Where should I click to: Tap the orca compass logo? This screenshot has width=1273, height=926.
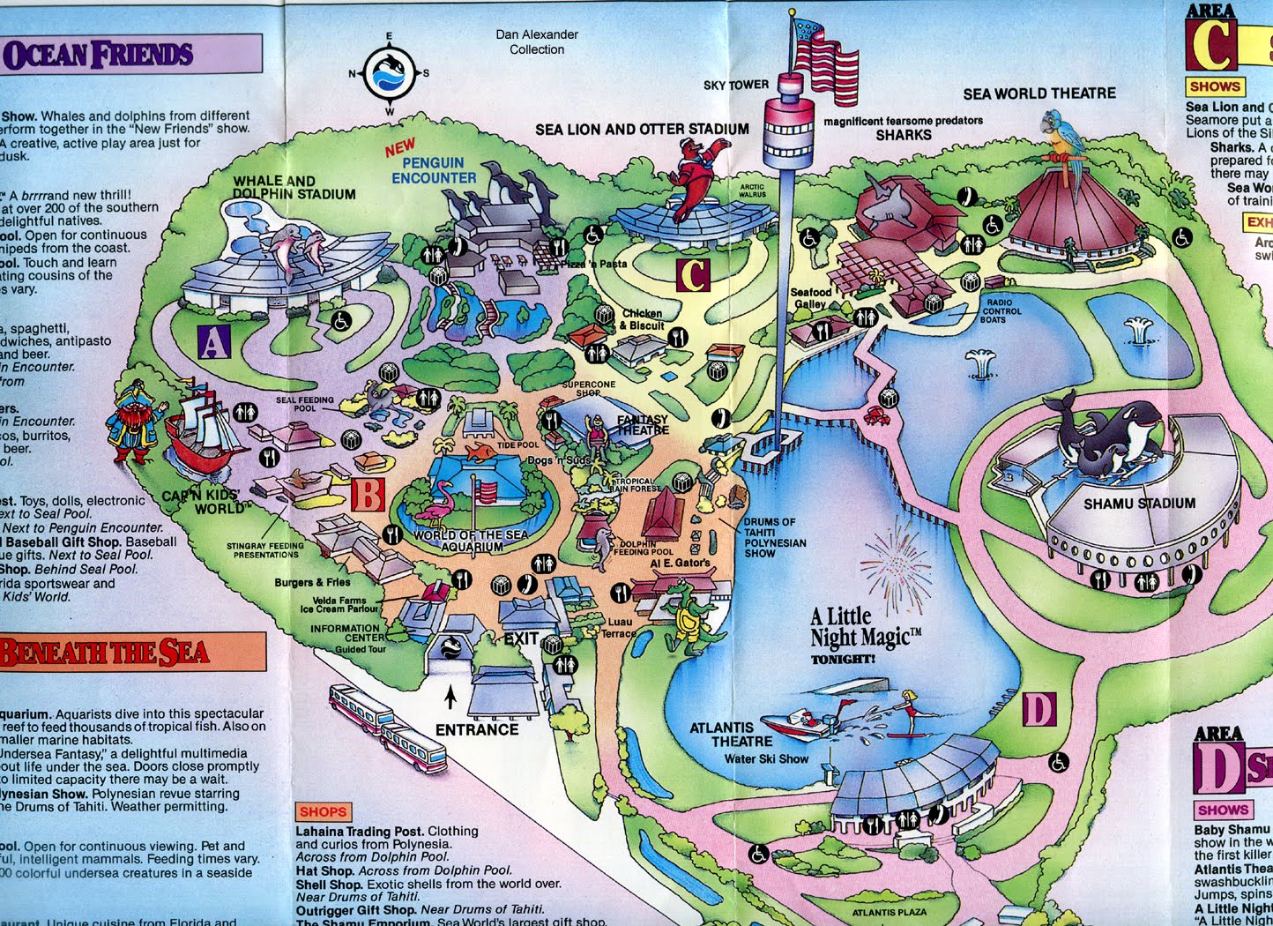coord(389,74)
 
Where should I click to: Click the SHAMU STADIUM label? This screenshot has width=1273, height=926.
coord(1139,504)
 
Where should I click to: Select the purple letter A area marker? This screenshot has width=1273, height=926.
coord(215,341)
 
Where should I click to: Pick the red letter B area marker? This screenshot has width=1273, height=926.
coord(368,494)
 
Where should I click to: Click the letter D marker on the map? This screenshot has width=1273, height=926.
coord(1039,709)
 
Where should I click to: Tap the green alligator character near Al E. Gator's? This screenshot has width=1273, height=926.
coord(686,612)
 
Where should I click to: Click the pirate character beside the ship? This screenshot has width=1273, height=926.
coord(137,422)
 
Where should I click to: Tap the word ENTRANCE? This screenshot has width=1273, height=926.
coord(477,729)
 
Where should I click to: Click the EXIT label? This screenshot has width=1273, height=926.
coord(520,638)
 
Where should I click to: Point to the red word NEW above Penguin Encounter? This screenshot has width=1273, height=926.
coord(399,148)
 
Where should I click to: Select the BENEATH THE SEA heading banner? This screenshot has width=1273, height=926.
coord(132,653)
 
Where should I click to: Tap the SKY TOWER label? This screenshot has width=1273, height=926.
coord(735,85)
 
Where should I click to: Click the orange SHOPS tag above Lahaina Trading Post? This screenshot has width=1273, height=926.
coord(323,811)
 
